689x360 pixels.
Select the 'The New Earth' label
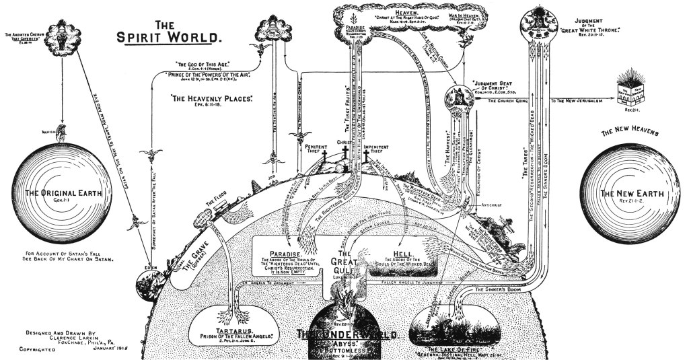628,194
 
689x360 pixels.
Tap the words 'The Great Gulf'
345,258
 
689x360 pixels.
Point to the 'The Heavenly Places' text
211,98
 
